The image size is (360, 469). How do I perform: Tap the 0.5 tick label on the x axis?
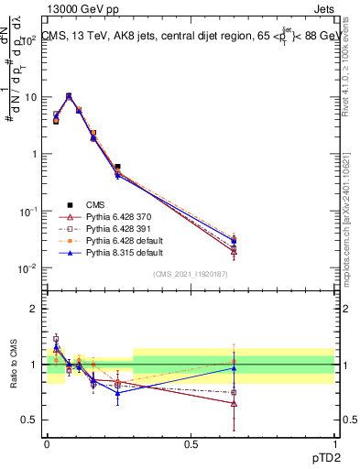click(191, 442)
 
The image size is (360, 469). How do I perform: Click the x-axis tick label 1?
click(334, 442)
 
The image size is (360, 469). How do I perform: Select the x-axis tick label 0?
click(47, 442)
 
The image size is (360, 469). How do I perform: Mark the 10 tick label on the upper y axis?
click(31, 96)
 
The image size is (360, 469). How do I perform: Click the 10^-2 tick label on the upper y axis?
click(28, 268)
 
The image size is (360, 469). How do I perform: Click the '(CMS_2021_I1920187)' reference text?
click(191, 273)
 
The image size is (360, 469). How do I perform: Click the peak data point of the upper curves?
click(69, 95)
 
